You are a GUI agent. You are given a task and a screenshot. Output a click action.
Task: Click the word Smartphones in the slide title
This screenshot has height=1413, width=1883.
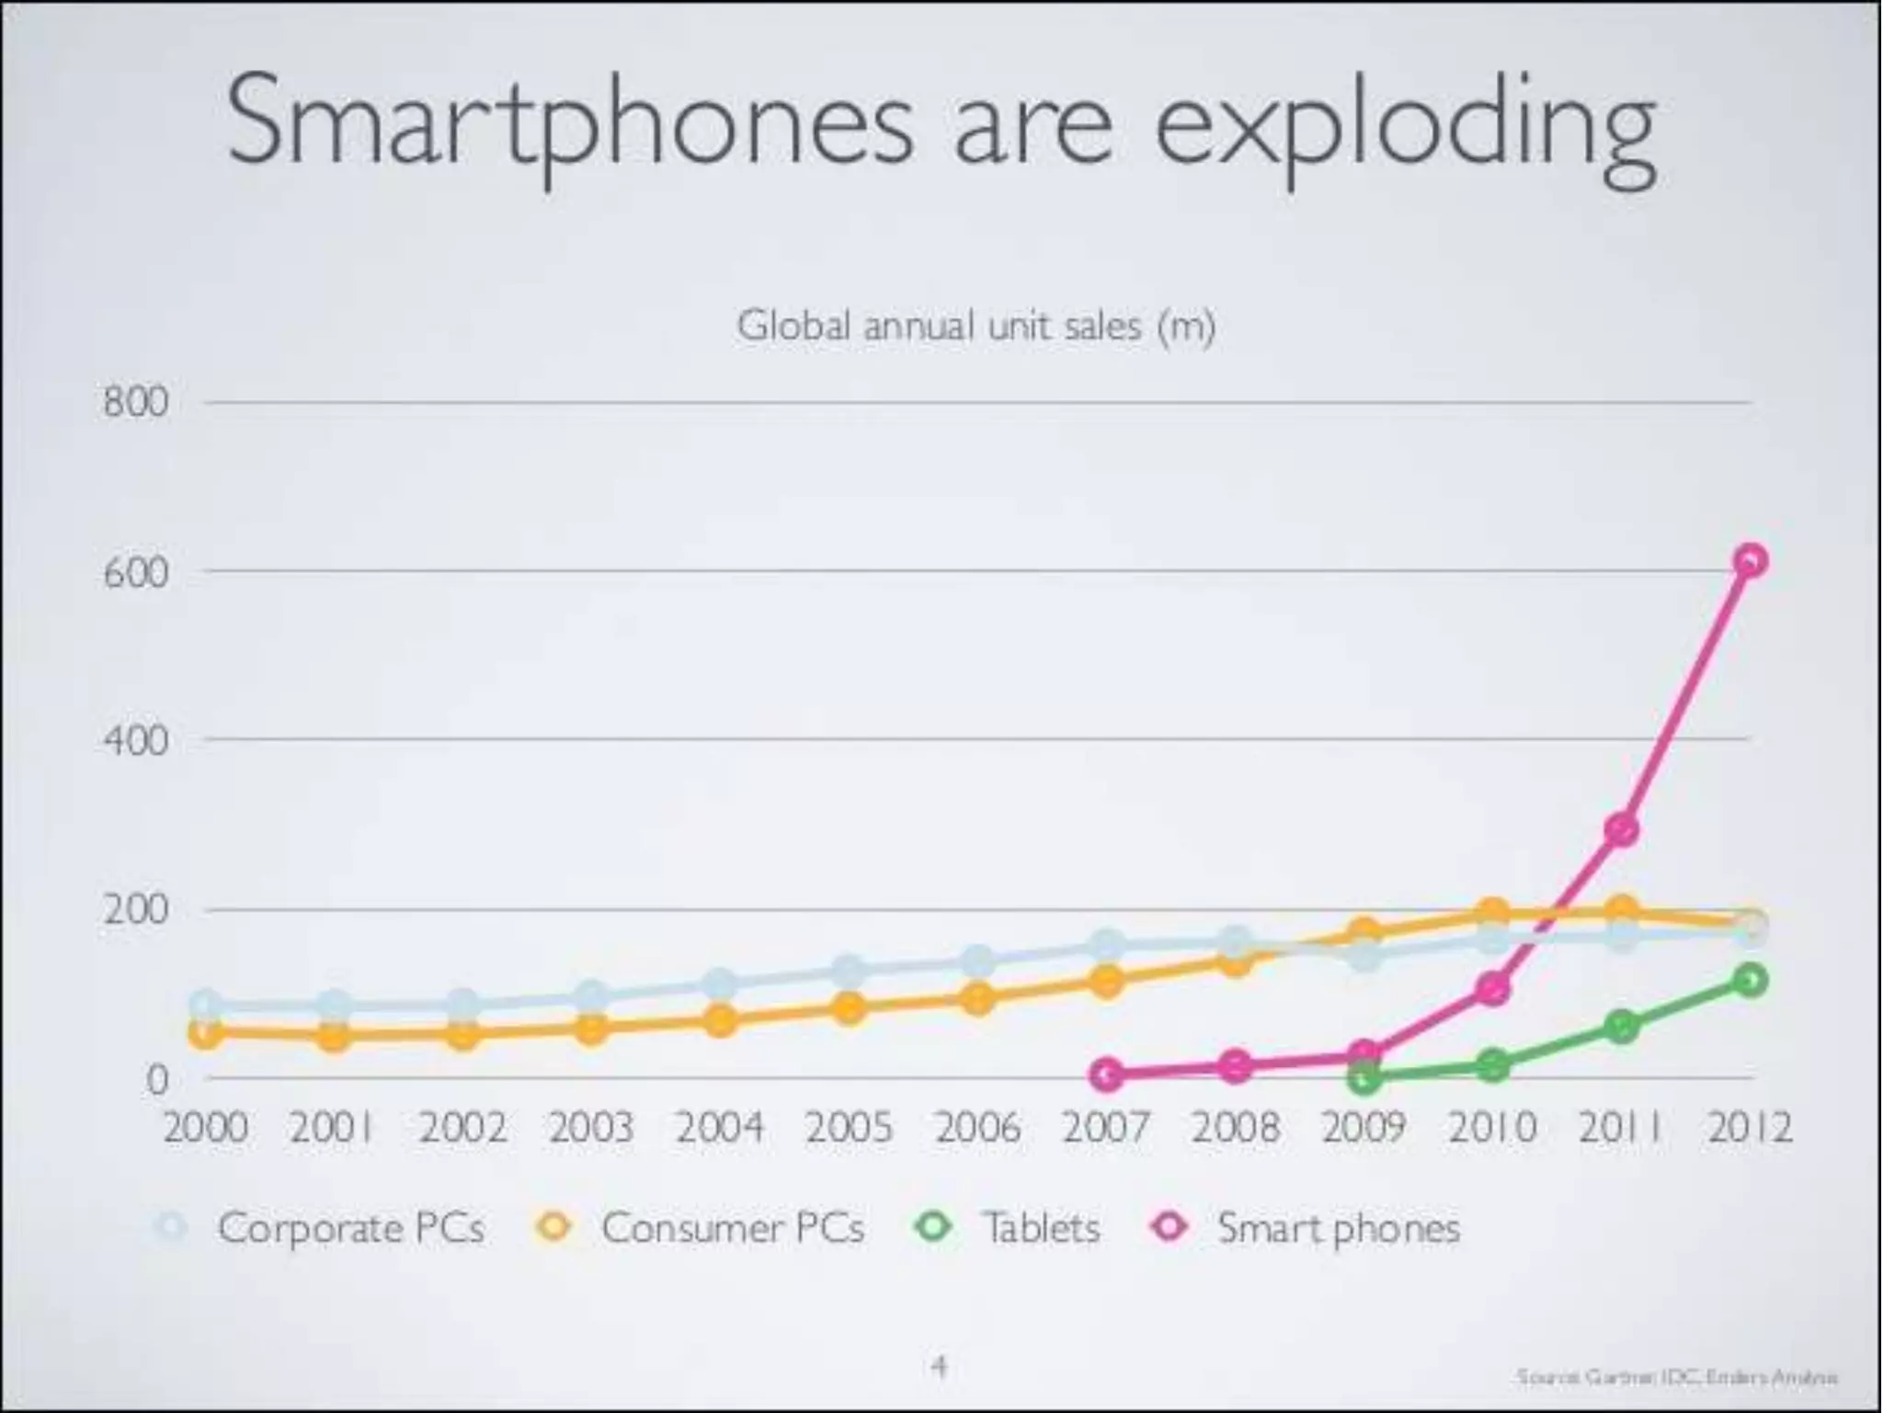570,124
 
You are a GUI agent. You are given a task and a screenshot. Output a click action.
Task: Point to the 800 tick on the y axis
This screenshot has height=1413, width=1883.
136,403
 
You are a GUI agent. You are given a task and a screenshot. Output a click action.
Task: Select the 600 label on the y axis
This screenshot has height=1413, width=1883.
136,572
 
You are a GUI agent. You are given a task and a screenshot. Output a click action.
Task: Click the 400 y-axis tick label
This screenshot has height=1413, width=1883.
136,741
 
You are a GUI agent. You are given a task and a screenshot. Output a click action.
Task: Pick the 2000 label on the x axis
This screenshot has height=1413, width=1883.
205,1128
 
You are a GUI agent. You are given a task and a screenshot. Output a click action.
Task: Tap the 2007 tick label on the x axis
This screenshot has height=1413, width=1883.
1106,1128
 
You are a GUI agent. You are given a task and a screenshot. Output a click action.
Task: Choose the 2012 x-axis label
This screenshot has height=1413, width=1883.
1750,1128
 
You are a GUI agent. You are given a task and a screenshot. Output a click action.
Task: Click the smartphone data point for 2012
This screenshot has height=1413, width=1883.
1751,560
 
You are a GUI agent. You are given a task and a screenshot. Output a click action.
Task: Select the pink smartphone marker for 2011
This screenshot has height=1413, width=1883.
1622,830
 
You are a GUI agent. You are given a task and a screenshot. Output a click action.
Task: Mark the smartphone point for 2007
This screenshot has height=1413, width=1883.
1108,1074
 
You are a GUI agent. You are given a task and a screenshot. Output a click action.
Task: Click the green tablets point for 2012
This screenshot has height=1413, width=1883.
1750,980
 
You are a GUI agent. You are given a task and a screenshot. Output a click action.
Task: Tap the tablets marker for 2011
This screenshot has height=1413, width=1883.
1622,1027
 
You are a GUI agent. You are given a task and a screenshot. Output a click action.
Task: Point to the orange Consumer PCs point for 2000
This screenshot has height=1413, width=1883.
206,1034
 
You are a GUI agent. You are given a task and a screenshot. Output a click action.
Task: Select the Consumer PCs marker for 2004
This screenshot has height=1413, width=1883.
721,1021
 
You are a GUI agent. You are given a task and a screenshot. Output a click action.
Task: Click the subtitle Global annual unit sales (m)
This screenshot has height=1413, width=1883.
976,326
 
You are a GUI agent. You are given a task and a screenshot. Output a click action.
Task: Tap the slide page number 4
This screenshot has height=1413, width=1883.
939,1366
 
